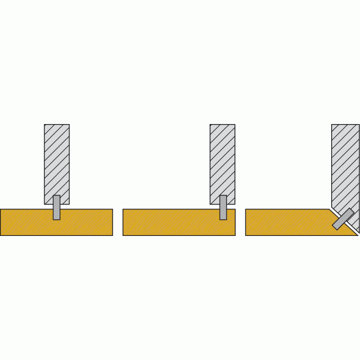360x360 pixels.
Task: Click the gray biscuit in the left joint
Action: pyautogui.click(x=56, y=207)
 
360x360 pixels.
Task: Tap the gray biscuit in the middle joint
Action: pyautogui.click(x=223, y=207)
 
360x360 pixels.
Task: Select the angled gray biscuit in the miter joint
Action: pyautogui.click(x=343, y=219)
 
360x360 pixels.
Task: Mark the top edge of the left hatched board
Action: pyautogui.click(x=56, y=125)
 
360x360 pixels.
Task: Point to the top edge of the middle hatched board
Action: pyautogui.click(x=223, y=125)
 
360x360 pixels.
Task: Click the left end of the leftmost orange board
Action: pyautogui.click(x=1, y=223)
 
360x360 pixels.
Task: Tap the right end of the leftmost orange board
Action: pyautogui.click(x=112, y=223)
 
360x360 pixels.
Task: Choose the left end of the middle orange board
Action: pyautogui.click(x=124, y=223)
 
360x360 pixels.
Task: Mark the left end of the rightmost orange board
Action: pyautogui.click(x=246, y=223)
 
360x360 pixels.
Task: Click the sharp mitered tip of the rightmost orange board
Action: pyautogui.click(x=357, y=235)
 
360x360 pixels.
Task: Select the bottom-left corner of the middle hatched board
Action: pyautogui.click(x=210, y=203)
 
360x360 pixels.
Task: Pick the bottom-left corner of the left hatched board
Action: pyautogui.click(x=45, y=203)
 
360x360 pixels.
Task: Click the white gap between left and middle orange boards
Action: pyautogui.click(x=117, y=223)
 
